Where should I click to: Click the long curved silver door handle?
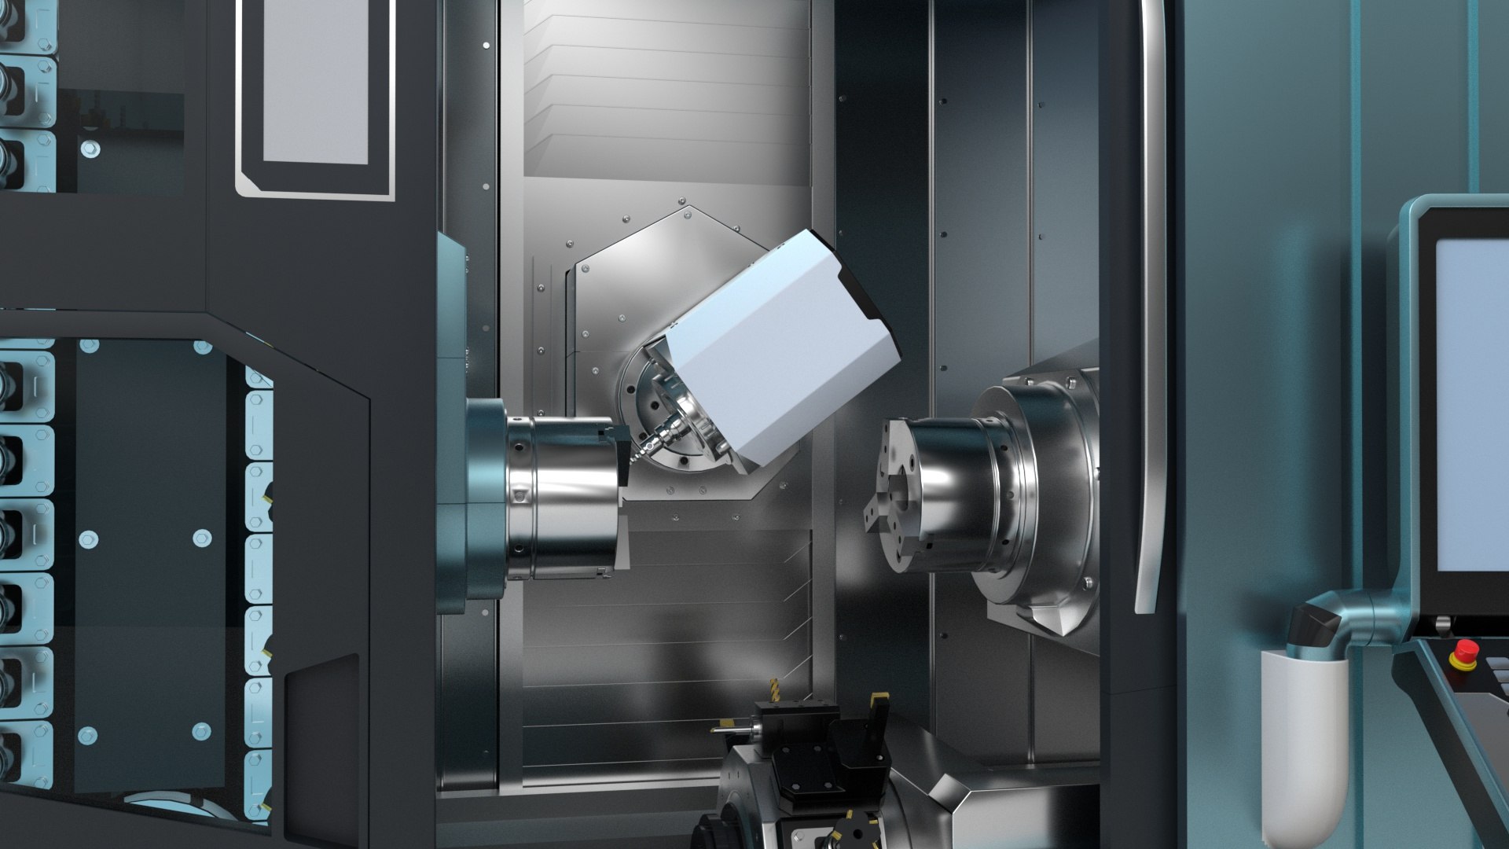point(1152,314)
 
